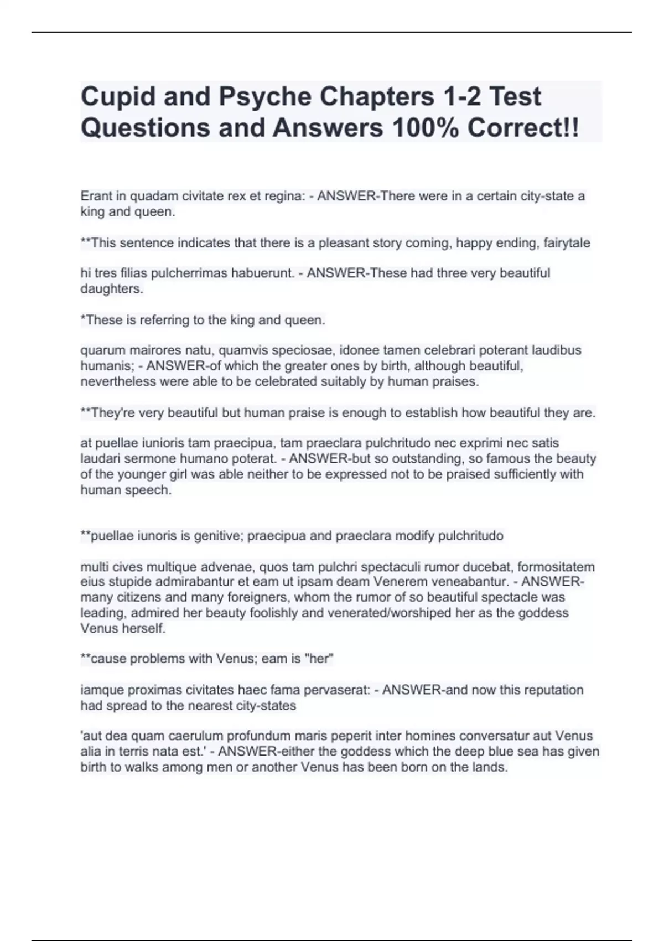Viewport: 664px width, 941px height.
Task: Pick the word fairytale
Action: pyautogui.click(x=567, y=242)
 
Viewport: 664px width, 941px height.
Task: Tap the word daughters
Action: pyautogui.click(x=112, y=288)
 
